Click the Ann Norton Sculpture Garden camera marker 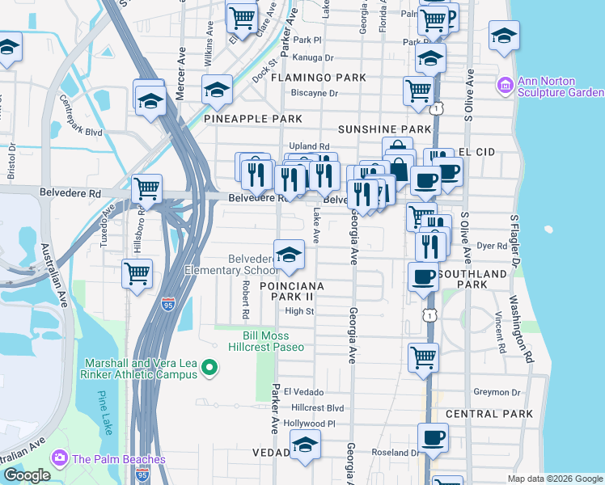coord(506,84)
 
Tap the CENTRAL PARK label coord(489,414)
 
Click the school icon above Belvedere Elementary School coord(289,255)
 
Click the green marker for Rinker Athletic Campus coord(210,369)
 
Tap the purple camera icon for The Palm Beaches coord(60,459)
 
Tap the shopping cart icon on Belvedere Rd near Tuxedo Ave coord(146,189)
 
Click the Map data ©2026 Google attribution coord(554,479)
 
